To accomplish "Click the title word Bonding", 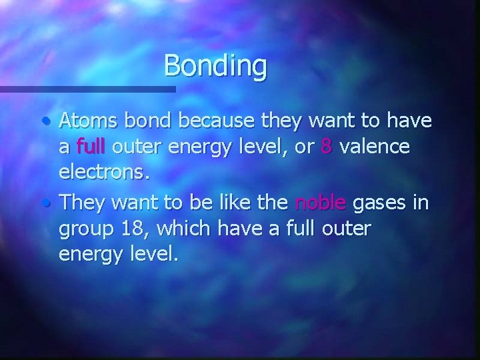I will tap(215, 66).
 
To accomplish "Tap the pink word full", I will tap(92, 146).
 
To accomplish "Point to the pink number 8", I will tap(326, 146).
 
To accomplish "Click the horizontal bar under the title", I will tap(87, 89).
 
